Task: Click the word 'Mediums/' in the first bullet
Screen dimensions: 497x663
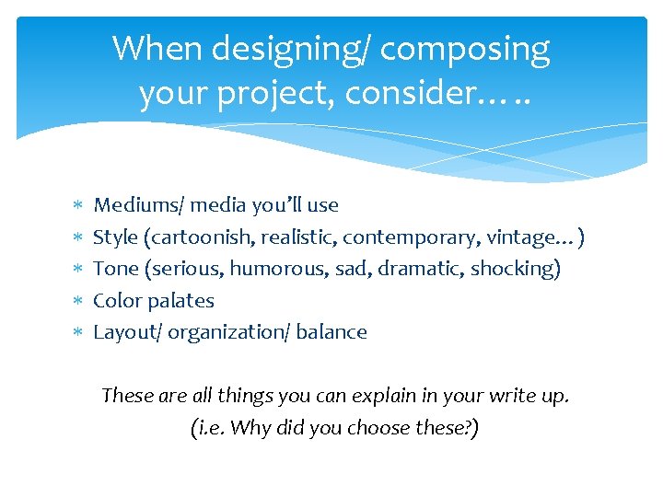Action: [134, 205]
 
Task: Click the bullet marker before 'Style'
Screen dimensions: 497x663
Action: [77, 237]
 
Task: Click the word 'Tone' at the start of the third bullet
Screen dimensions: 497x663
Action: [115, 269]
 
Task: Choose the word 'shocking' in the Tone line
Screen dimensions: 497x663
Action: [519, 269]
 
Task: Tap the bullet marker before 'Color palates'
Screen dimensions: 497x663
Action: [77, 301]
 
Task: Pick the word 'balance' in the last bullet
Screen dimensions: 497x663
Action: [331, 332]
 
